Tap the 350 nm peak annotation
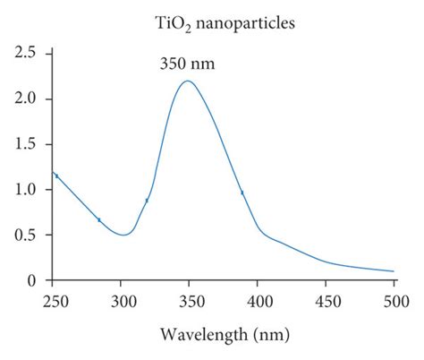(x=188, y=64)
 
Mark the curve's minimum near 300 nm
(x=123, y=235)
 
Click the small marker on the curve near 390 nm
(x=242, y=193)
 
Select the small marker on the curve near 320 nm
(x=147, y=201)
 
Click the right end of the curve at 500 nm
(x=394, y=271)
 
